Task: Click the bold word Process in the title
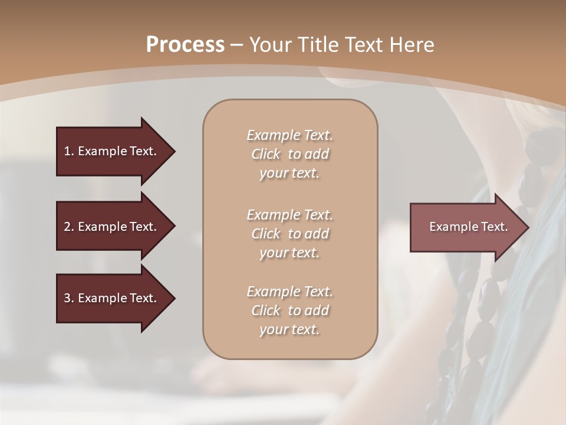coord(185,45)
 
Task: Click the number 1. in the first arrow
coord(69,151)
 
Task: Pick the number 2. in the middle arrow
coord(69,227)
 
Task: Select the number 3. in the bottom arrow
coord(69,298)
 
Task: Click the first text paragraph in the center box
coord(290,154)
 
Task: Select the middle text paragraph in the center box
coord(290,234)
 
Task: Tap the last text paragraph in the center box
coord(290,310)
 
